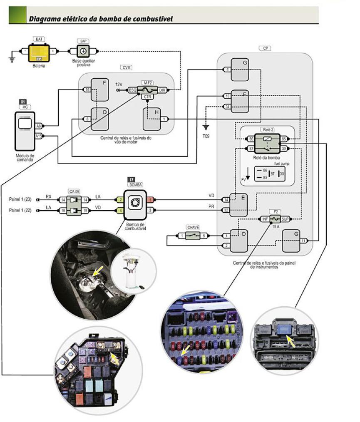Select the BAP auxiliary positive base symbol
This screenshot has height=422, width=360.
[83, 51]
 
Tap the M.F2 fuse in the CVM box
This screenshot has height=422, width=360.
[147, 90]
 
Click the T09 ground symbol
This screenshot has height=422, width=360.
[206, 127]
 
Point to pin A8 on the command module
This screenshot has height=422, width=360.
[38, 125]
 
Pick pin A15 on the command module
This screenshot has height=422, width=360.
[38, 136]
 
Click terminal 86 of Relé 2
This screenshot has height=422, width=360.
[251, 139]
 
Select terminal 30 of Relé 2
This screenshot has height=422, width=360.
[284, 149]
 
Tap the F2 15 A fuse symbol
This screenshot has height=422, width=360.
[274, 218]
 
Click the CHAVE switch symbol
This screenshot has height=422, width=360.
[194, 236]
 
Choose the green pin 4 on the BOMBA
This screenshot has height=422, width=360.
[120, 211]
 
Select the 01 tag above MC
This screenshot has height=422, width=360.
[23, 101]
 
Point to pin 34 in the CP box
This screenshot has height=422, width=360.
[227, 107]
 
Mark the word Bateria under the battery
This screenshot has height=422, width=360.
[39, 66]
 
